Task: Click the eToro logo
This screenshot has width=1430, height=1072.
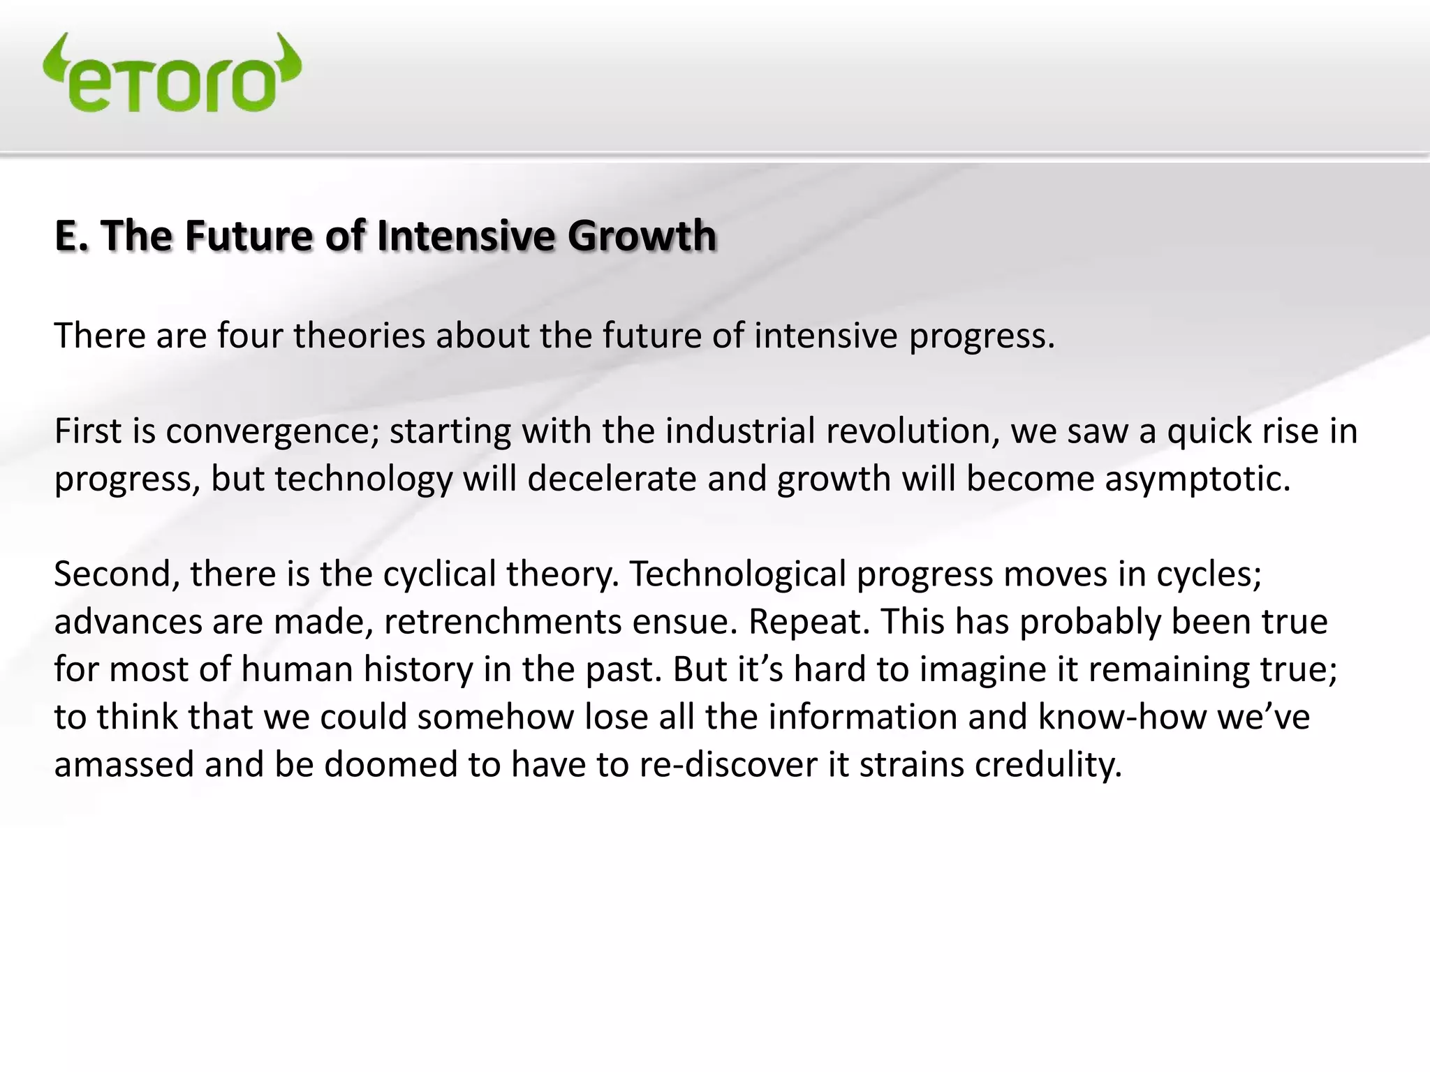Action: [x=172, y=75]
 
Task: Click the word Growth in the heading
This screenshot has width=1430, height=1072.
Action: [x=642, y=235]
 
